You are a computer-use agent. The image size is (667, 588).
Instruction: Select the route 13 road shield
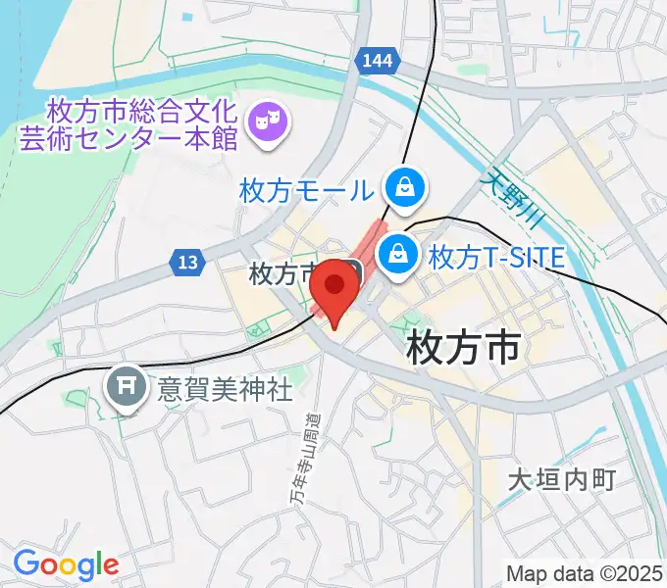tap(188, 262)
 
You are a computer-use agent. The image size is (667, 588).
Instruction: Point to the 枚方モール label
tap(305, 189)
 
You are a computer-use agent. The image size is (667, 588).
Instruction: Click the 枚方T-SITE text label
tap(496, 258)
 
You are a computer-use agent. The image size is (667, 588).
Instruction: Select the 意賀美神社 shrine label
tap(225, 390)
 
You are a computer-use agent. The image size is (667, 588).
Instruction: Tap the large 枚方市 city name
tap(461, 346)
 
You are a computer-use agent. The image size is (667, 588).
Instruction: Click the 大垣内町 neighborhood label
tap(560, 479)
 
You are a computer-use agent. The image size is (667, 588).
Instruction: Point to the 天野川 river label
tap(510, 207)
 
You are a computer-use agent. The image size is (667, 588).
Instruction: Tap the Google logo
tap(66, 563)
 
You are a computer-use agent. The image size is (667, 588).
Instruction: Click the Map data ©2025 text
tap(584, 571)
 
